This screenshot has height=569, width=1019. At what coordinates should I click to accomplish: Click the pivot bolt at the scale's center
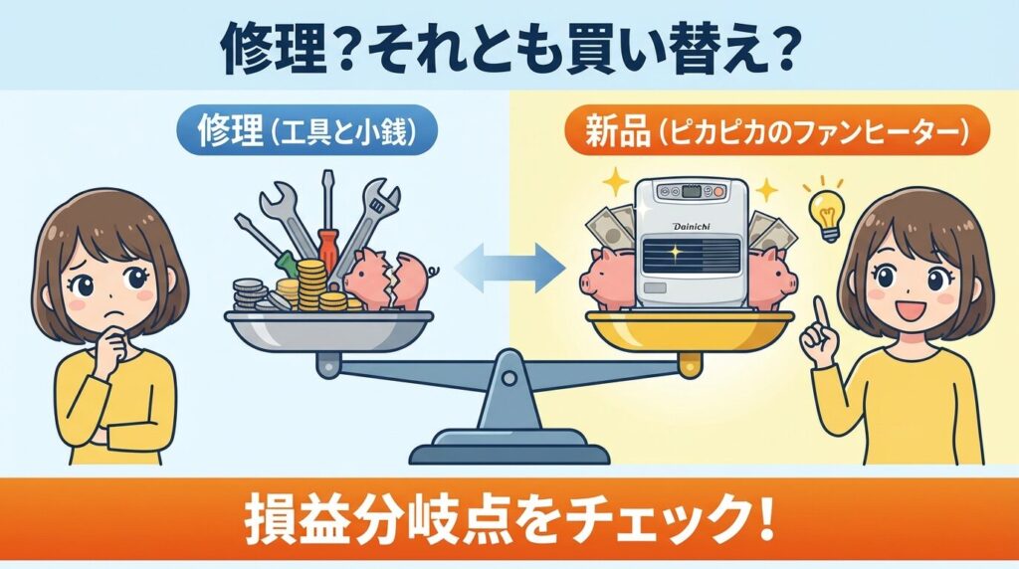pyautogui.click(x=510, y=377)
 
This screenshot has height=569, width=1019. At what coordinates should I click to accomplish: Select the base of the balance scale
pyautogui.click(x=509, y=452)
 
